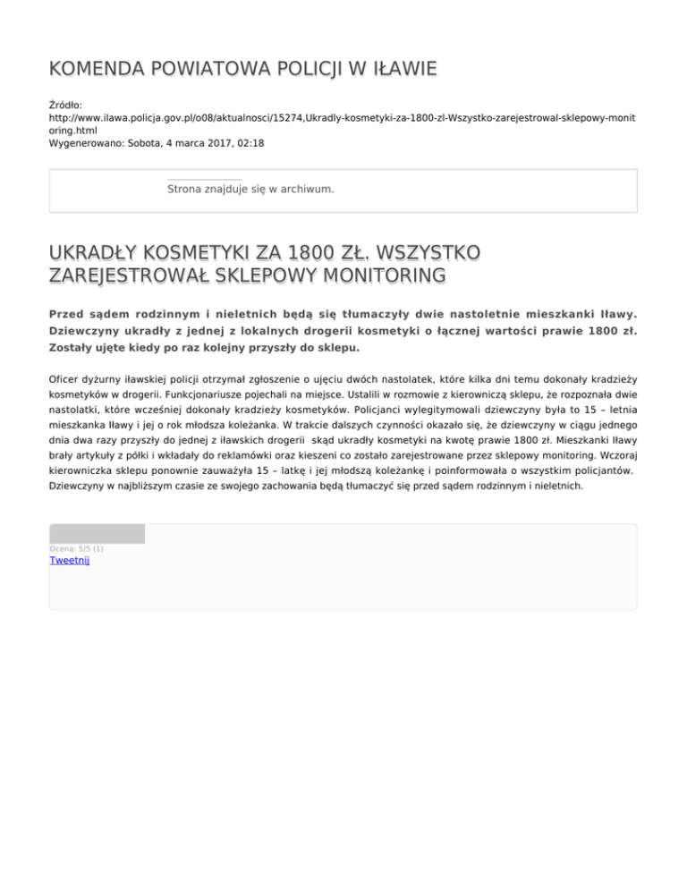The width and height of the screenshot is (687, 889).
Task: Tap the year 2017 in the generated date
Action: (213, 142)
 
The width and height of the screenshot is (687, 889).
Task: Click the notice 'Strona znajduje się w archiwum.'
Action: (250, 190)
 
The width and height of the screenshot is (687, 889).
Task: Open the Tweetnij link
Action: (70, 561)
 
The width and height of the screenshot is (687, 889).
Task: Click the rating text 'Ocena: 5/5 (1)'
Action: (77, 548)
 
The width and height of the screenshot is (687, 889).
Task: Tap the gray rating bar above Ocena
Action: (97, 534)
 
